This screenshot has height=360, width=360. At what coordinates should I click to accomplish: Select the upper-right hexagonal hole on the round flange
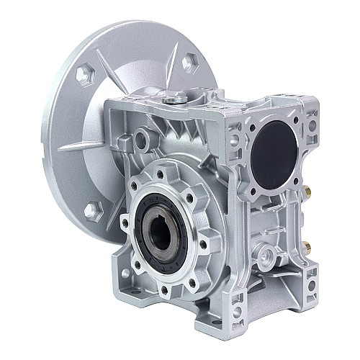[x=189, y=62]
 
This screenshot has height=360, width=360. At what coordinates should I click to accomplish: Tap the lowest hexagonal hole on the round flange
[x=91, y=211]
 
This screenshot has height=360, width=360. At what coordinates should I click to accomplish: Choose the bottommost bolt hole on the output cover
[x=166, y=271]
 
